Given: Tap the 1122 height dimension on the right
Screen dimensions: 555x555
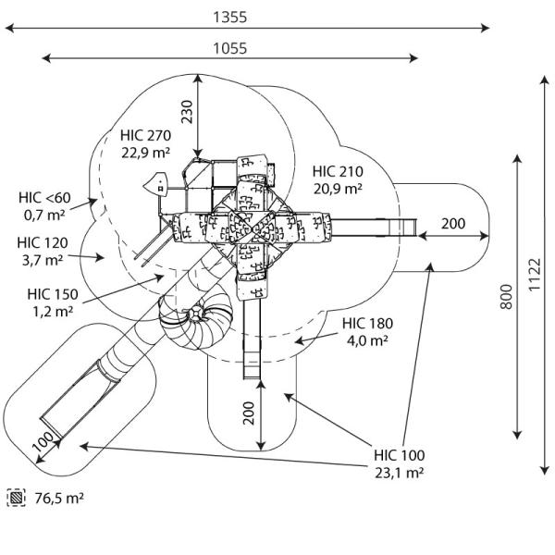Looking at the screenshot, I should [x=537, y=275].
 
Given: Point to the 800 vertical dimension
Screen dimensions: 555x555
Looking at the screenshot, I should [x=506, y=299].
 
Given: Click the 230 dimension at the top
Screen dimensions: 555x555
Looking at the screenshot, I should [x=187, y=111].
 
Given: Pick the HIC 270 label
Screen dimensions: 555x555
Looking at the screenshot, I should [x=145, y=135].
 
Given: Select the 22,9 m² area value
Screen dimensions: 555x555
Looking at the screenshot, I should [x=145, y=153].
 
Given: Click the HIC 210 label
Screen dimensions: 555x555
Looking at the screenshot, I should [x=338, y=171].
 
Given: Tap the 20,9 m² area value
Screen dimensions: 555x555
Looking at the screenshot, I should [x=338, y=189].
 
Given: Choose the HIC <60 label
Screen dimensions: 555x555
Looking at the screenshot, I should [x=43, y=198].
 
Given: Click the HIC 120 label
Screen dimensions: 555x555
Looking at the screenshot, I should [x=42, y=242].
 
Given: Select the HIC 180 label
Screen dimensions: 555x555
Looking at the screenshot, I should [x=367, y=324].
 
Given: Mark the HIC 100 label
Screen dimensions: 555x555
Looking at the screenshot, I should [x=400, y=455].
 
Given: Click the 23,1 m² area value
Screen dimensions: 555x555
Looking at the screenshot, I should [x=400, y=473].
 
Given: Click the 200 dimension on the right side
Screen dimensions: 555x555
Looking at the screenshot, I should [x=453, y=224].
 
